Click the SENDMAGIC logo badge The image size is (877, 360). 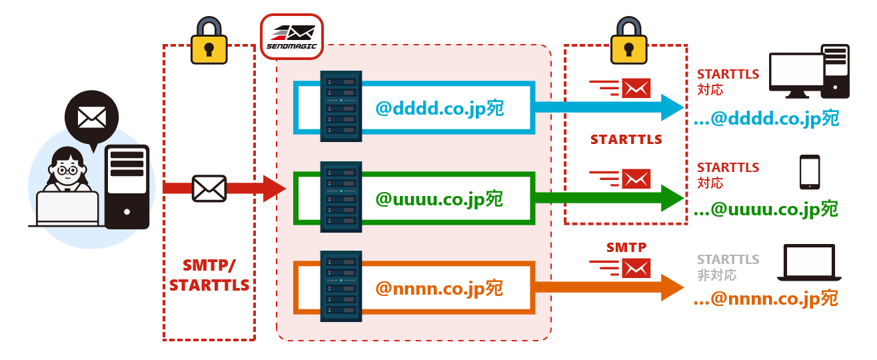pos(292,37)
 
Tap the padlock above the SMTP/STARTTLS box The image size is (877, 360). pos(209,41)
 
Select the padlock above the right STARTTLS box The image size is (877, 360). pos(629,41)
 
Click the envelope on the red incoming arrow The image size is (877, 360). pos(209,189)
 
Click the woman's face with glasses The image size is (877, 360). pos(67,171)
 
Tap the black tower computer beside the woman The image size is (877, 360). pos(127,187)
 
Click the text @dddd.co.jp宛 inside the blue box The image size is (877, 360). pos(439,109)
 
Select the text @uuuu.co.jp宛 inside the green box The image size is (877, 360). pos(439,199)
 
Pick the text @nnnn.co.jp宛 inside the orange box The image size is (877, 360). pos(439,289)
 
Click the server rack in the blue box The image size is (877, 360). pos(341,106)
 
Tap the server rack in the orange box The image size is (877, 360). pos(341,287)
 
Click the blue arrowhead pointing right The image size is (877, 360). pos(672,107)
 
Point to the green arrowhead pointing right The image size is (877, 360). pos(672,198)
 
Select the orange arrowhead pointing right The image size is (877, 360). pos(672,287)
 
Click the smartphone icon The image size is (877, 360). pos(810,171)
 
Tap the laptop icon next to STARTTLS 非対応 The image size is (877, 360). pos(809,263)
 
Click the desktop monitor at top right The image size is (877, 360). pos(796,75)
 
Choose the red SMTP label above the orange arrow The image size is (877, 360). pos(626,247)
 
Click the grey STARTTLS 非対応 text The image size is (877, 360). pos(728,267)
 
